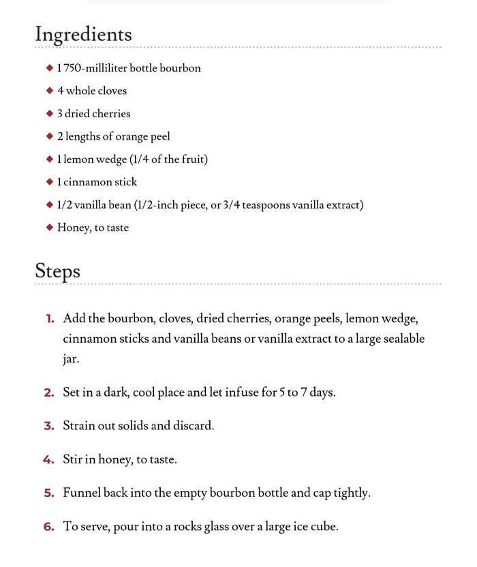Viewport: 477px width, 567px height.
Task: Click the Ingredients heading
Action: point(83,34)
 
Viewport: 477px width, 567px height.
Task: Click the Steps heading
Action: point(58,271)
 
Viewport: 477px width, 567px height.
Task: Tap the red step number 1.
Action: point(49,319)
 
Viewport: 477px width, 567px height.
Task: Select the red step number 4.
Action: point(48,459)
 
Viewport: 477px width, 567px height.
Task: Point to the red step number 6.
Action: point(49,526)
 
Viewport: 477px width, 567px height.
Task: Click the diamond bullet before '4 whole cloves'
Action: point(49,91)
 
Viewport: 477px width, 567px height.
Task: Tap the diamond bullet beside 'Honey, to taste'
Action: point(49,228)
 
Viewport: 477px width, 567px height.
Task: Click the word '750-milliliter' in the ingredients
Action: point(95,68)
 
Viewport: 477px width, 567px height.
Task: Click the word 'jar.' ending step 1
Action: point(71,359)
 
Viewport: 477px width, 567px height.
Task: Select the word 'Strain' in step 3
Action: point(78,426)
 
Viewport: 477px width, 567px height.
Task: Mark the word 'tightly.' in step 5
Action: point(351,493)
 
